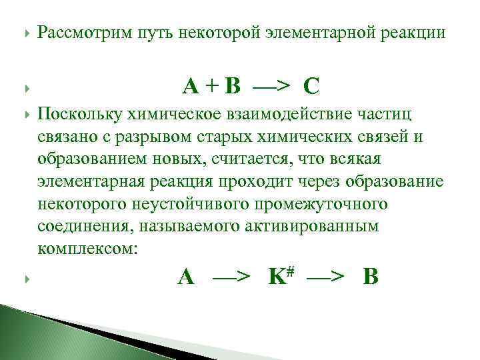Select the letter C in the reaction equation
(x=310, y=86)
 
